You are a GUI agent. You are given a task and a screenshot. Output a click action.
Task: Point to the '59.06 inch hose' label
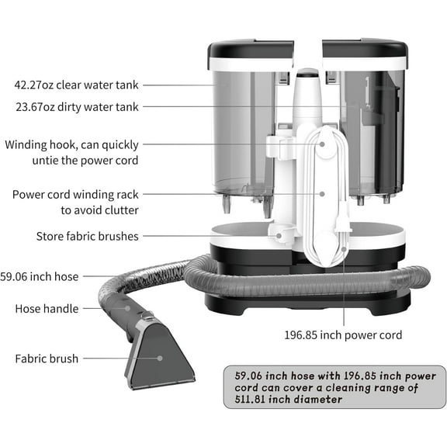40,276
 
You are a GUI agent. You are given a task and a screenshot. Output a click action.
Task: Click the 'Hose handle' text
47,309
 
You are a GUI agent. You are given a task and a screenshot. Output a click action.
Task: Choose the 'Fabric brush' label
47,359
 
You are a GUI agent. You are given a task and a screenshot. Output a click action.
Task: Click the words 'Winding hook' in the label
42,144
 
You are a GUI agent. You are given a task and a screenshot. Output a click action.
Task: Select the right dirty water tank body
372,132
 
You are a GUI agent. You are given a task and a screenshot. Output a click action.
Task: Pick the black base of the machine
310,299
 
